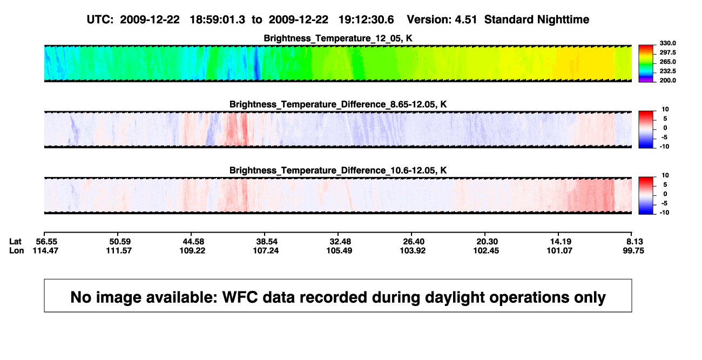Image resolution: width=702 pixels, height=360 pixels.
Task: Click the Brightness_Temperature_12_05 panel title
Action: click(338, 38)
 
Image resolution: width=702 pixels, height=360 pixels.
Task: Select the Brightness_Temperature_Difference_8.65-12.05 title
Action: click(338, 104)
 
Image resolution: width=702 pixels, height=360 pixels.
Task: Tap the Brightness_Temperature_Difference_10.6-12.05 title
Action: click(338, 171)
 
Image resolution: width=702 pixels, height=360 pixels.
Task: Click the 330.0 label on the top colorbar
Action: click(667, 43)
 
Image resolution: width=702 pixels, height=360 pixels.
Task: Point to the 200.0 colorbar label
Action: click(667, 80)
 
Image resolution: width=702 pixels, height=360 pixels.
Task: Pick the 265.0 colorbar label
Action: click(667, 62)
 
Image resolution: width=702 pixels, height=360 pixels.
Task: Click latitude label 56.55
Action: click(46, 242)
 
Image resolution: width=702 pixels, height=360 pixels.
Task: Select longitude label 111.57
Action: click(119, 250)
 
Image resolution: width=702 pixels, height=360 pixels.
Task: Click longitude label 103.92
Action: click(413, 250)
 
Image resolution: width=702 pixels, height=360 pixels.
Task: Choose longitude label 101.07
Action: click(560, 250)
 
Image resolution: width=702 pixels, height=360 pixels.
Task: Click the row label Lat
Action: click(15, 242)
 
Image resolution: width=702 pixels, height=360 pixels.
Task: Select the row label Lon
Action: click(17, 250)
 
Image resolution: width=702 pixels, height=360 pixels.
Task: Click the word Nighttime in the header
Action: click(563, 20)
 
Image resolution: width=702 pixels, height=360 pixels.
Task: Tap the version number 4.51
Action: click(465, 20)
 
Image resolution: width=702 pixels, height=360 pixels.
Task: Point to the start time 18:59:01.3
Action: click(218, 20)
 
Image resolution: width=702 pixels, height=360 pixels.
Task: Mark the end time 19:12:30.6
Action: click(366, 20)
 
